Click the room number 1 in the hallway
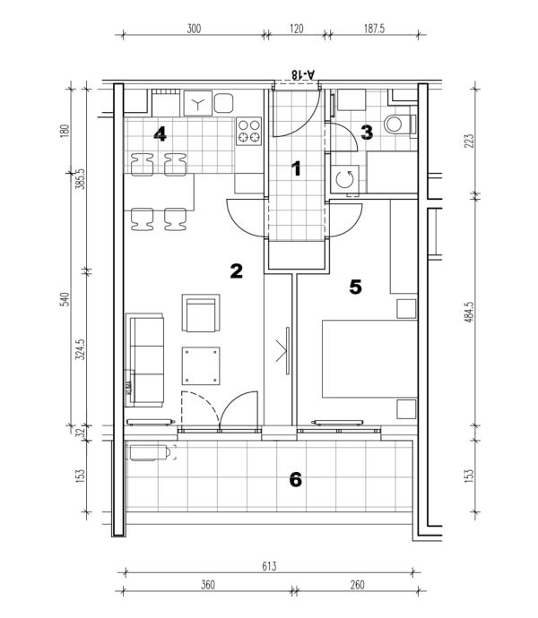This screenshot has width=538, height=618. [296, 168]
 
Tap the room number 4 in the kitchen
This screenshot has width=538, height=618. [160, 134]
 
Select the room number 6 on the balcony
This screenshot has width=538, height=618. [296, 480]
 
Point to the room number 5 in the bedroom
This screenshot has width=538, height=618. [355, 287]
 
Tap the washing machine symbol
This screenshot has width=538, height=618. [344, 179]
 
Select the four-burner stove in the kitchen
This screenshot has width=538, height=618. [248, 132]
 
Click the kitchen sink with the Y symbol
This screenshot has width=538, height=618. [198, 103]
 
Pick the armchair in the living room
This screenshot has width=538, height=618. [201, 313]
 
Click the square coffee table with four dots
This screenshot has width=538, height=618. [201, 365]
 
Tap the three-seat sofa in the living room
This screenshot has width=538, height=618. [144, 360]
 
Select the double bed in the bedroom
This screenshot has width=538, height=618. [369, 358]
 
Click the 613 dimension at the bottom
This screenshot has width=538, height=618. [269, 566]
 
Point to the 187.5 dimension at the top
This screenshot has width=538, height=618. [374, 29]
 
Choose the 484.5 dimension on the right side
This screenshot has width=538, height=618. [469, 313]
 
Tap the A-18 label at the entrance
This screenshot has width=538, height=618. [304, 74]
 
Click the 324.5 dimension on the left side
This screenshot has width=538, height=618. [80, 349]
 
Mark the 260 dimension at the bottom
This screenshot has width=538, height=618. [357, 585]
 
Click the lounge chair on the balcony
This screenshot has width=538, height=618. [152, 452]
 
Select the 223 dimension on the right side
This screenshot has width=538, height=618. [469, 142]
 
